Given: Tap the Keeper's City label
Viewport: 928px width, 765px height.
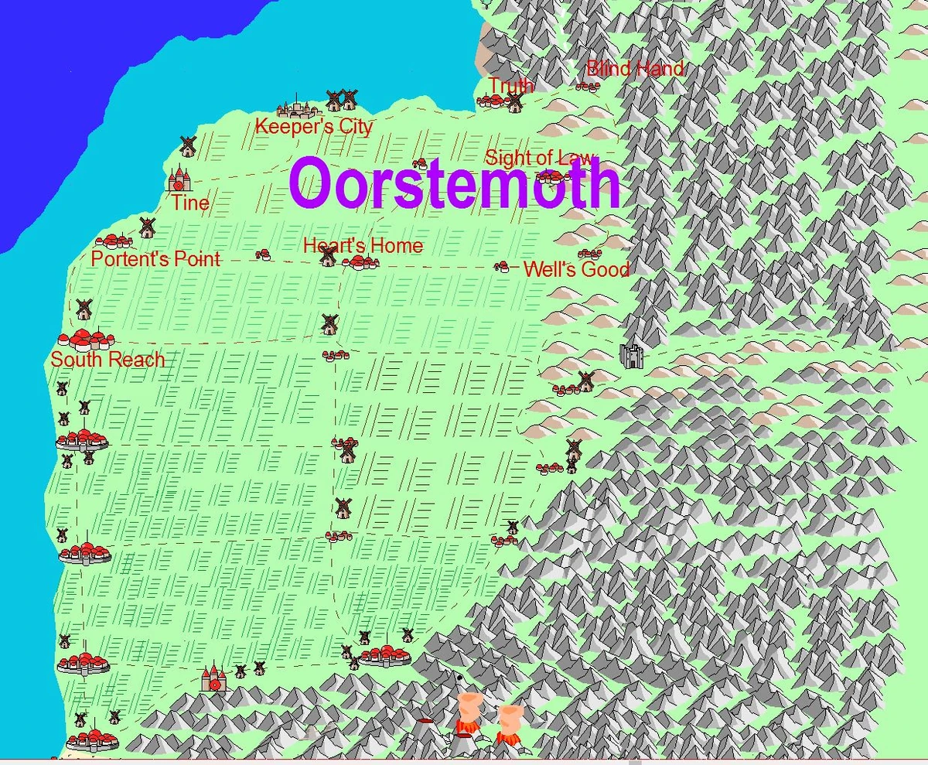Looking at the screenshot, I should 314,126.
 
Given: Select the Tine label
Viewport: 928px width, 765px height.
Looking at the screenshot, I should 190,203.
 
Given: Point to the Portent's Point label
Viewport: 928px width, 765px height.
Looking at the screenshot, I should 155,259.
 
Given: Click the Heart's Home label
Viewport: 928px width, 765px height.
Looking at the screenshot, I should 363,246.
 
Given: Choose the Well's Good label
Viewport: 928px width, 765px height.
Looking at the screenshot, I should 576,270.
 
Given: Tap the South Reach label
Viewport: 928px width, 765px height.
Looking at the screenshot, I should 107,360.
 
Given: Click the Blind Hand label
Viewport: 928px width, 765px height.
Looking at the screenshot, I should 635,69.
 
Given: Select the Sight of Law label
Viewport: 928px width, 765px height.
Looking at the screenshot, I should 539,158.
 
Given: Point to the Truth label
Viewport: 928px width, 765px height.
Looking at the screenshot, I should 510,85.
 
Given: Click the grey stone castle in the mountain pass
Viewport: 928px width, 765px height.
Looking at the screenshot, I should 632,357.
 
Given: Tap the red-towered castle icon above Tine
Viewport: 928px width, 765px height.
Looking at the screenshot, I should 179,179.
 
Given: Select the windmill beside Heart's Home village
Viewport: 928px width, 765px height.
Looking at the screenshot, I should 329,256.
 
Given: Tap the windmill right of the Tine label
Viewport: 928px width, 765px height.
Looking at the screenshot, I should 147,227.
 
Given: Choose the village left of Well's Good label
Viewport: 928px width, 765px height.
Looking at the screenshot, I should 502,267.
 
